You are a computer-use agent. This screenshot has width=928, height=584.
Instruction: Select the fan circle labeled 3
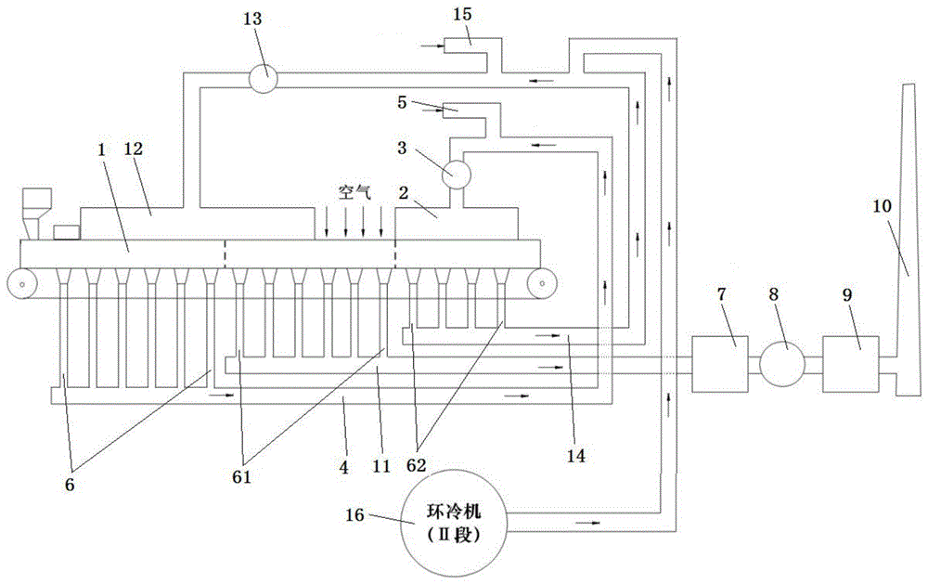[457, 174]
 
